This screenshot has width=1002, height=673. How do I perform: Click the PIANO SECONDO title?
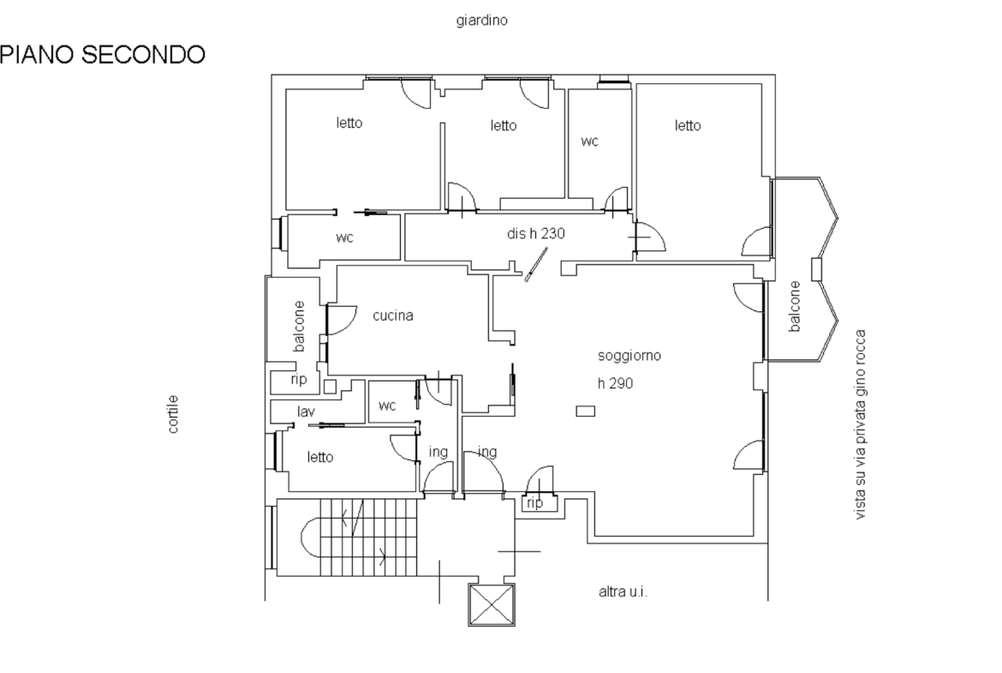pyautogui.click(x=102, y=54)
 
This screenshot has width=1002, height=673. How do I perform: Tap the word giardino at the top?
pyautogui.click(x=482, y=21)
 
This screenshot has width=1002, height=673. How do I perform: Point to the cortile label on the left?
pyautogui.click(x=172, y=415)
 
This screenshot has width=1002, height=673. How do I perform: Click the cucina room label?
pyautogui.click(x=393, y=315)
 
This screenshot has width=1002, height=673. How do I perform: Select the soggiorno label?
pyautogui.click(x=629, y=356)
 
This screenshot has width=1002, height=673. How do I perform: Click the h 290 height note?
pyautogui.click(x=616, y=383)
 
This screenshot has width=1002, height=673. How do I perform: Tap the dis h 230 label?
pyautogui.click(x=536, y=234)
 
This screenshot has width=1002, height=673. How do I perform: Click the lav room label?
pyautogui.click(x=306, y=412)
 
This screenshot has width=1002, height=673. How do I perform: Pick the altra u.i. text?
pyautogui.click(x=623, y=592)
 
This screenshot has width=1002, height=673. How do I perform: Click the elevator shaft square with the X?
pyautogui.click(x=492, y=604)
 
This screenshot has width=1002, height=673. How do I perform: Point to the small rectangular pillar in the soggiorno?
pyautogui.click(x=585, y=411)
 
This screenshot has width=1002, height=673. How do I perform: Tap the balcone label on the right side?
pyautogui.click(x=794, y=306)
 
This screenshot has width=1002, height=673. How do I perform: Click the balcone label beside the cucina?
pyautogui.click(x=298, y=327)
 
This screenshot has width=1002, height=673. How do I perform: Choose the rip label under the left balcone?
pyautogui.click(x=298, y=379)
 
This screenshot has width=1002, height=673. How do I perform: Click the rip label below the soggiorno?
pyautogui.click(x=535, y=503)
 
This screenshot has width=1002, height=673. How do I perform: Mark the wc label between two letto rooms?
pyautogui.click(x=589, y=141)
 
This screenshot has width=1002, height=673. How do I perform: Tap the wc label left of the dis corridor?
pyautogui.click(x=344, y=238)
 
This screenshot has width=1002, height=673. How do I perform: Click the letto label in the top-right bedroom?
pyautogui.click(x=688, y=126)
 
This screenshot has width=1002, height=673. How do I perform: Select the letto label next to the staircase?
pyautogui.click(x=320, y=458)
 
